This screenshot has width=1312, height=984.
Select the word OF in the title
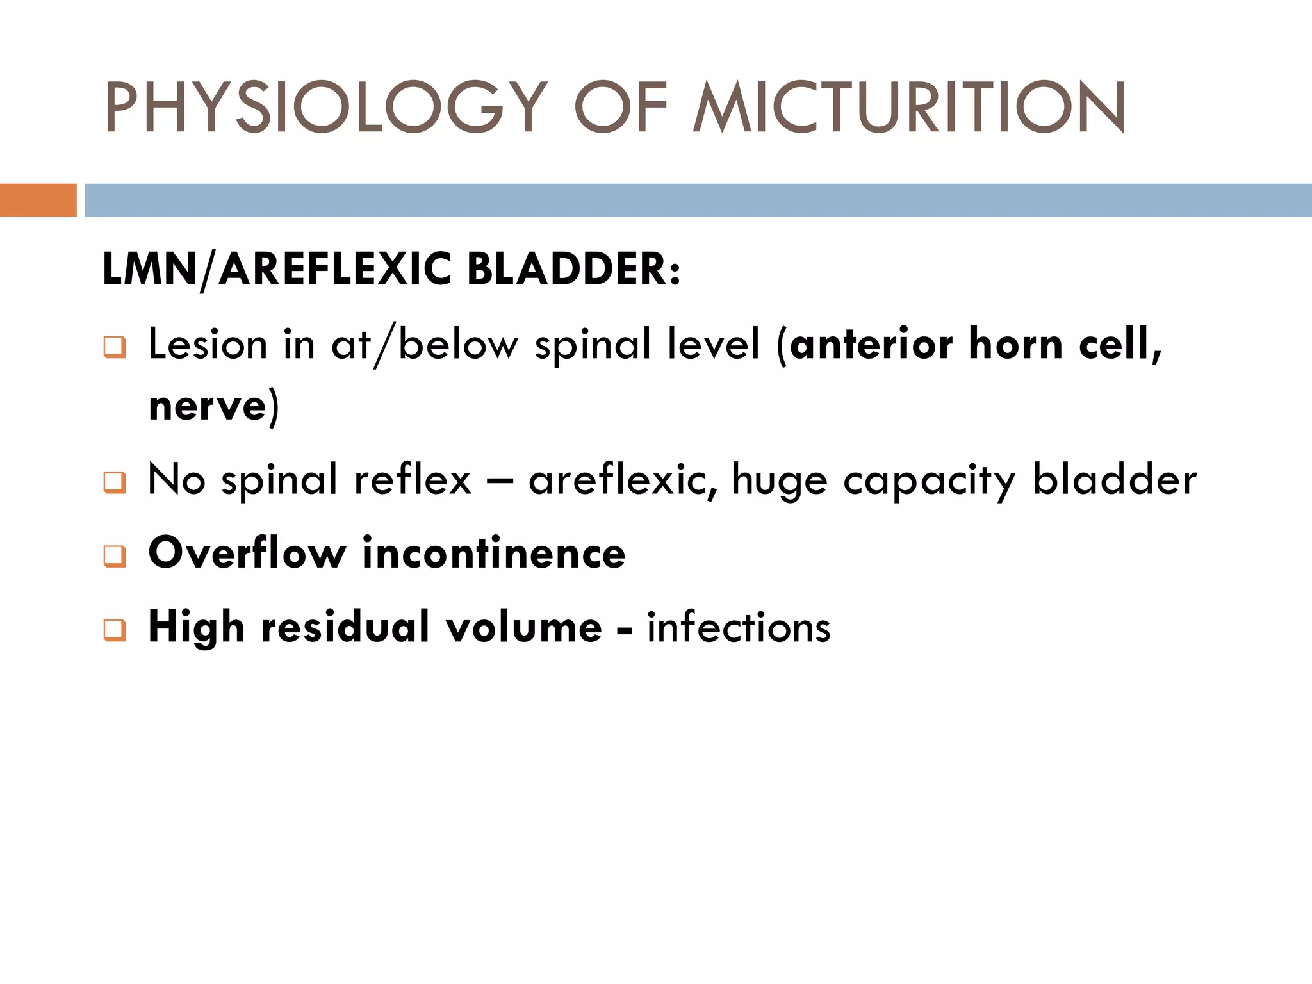click(620, 107)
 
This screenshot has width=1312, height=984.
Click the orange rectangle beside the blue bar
click(38, 200)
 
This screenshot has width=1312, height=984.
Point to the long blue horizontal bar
click(698, 200)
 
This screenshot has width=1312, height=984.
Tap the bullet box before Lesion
click(115, 347)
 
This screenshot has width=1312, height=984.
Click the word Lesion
click(208, 345)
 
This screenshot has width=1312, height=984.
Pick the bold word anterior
click(872, 345)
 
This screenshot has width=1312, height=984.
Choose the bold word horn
click(1016, 345)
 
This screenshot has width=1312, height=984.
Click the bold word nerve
click(208, 406)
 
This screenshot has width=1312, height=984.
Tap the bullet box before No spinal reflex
click(115, 482)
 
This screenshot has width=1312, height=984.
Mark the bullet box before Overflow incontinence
click(115, 555)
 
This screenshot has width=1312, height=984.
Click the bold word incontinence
click(493, 553)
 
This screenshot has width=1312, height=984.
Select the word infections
click(739, 627)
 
